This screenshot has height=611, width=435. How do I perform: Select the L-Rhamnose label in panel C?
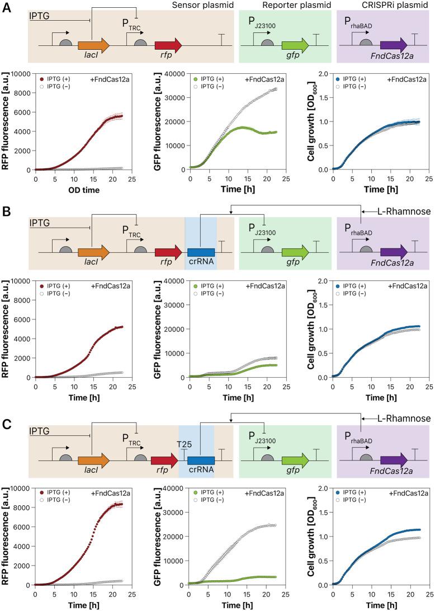[404, 419]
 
